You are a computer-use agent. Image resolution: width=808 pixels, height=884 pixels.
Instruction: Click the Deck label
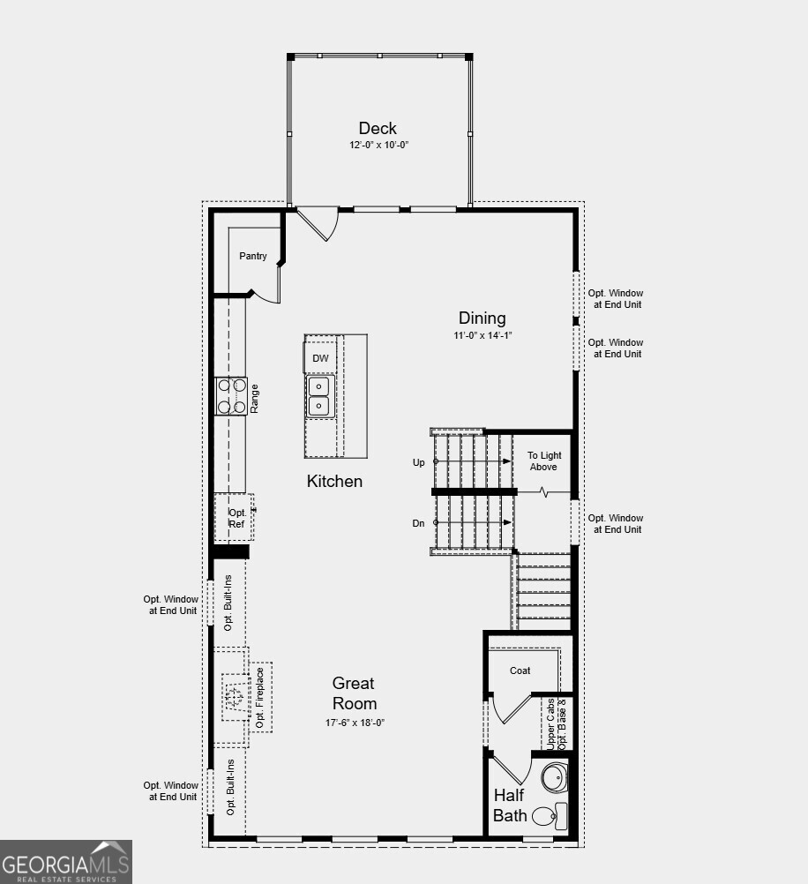(378, 128)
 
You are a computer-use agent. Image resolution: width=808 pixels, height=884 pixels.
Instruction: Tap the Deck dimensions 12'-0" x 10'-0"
(378, 145)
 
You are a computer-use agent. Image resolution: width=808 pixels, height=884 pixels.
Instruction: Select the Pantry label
(253, 256)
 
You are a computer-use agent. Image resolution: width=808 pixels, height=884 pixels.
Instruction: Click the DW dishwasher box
(320, 358)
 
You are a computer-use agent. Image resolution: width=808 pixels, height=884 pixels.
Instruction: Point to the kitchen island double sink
(318, 396)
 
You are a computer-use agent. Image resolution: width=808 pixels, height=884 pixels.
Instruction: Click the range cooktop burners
(230, 395)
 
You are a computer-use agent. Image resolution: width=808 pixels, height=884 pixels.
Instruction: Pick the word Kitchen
(334, 481)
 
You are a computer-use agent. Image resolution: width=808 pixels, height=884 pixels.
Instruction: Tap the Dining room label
(482, 318)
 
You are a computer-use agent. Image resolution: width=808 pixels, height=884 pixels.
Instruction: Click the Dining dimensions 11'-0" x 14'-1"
(483, 335)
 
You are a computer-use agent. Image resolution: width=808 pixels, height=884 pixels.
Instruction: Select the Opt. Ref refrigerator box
(236, 518)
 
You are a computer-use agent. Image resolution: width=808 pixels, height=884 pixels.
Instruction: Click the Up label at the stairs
(418, 462)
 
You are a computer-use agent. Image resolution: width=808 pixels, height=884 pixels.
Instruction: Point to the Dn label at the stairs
(418, 523)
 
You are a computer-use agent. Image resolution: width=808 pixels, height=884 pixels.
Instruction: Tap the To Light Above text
(543, 461)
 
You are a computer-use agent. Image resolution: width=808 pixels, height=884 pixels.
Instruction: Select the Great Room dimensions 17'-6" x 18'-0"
(355, 723)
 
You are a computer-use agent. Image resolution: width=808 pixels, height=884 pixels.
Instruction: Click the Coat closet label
(520, 670)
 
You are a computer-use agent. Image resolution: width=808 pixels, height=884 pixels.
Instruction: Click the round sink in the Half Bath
(554, 778)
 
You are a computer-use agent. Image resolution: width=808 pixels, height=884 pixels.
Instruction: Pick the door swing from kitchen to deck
(318, 223)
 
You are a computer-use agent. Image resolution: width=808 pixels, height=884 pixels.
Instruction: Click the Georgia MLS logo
(66, 862)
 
